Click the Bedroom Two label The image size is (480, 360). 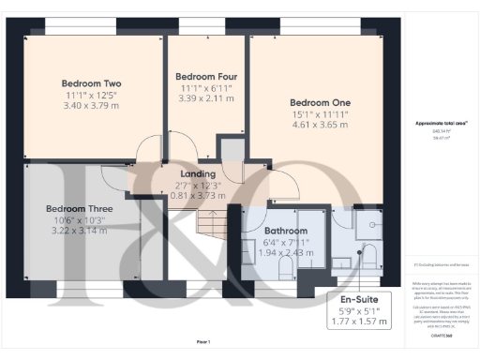91,82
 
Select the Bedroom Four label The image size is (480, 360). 207,76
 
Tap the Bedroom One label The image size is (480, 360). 320,102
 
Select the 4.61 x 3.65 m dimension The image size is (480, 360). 320,125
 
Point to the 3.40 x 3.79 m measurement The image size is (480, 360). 91,106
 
